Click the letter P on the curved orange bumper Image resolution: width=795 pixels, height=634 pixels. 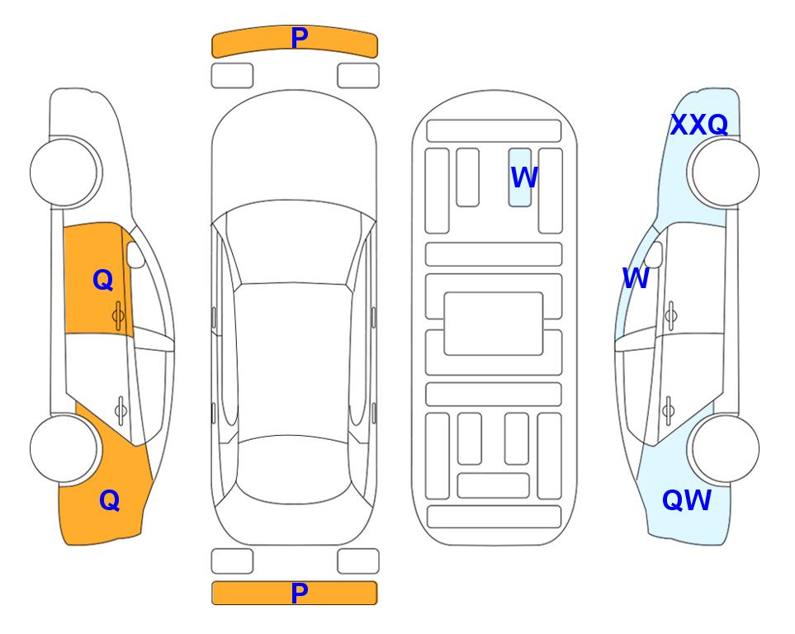tap(300, 38)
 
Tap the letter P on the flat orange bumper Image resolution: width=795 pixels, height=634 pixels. tap(300, 593)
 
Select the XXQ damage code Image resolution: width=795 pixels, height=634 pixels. tap(699, 125)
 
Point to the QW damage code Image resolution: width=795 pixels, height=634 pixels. tap(687, 500)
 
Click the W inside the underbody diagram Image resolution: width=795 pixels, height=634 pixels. tap(524, 177)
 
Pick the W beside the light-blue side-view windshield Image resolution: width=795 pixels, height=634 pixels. tap(636, 278)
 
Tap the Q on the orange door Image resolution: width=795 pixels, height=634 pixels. tap(103, 280)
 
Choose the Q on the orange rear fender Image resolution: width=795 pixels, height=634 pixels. tap(110, 500)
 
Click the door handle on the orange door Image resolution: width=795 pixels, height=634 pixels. tap(118, 315)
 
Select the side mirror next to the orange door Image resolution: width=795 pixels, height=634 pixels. tap(135, 254)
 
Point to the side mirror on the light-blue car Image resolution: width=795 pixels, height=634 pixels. tap(654, 254)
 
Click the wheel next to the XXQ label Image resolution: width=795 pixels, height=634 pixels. tap(723, 173)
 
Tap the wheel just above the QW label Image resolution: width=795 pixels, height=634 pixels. tap(723, 448)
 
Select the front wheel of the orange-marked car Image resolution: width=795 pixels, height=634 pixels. tap(66, 173)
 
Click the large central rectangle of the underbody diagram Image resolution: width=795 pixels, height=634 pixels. tap(494, 324)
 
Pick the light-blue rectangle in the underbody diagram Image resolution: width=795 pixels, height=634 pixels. tap(520, 177)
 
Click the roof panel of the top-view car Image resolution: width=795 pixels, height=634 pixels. tap(293, 360)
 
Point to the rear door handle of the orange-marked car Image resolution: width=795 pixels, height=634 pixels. tap(121, 410)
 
